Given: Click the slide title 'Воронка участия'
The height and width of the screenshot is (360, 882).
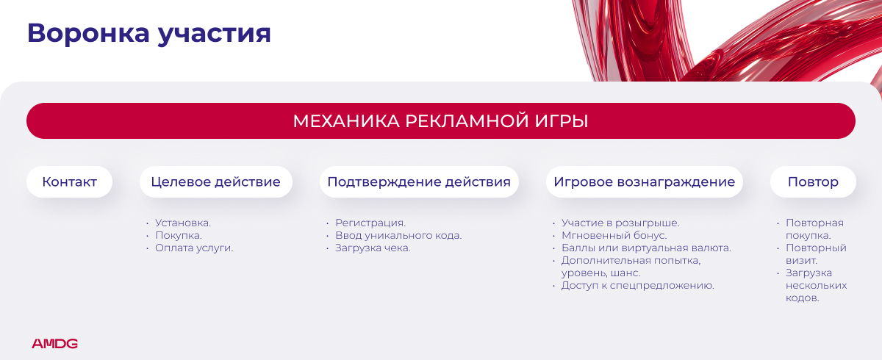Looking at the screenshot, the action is point(148,34).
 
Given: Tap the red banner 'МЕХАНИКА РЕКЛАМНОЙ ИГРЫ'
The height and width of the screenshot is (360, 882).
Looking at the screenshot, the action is point(441,120).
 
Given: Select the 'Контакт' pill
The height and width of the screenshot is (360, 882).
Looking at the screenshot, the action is point(69,181).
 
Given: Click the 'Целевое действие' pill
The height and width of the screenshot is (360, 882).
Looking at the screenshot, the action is point(216,181).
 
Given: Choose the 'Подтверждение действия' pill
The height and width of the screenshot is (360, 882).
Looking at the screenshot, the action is point(419,181).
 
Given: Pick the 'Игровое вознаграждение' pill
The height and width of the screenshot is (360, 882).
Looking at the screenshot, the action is point(644,181).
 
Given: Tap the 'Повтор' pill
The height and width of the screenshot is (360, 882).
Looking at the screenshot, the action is point(813,181).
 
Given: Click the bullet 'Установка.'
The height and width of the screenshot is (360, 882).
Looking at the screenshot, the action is point(183,223).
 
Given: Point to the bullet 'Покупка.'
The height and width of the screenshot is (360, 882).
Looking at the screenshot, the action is point(179,236).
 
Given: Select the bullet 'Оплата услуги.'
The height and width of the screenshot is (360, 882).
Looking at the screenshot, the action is point(194,248).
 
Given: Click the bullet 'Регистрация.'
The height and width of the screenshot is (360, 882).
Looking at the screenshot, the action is point(370,223).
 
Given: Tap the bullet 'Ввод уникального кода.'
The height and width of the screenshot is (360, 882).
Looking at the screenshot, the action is point(398,236).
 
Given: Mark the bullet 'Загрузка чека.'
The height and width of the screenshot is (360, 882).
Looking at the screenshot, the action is point(373,248).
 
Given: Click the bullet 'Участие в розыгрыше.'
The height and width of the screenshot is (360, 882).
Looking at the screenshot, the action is point(620,223).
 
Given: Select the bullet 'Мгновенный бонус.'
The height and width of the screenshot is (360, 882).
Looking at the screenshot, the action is point(614,236).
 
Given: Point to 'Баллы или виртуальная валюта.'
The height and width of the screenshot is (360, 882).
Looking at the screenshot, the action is point(646,248).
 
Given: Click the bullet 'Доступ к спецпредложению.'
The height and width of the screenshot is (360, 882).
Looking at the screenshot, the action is point(637,286).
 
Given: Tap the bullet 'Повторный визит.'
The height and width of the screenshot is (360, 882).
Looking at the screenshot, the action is point(816,254).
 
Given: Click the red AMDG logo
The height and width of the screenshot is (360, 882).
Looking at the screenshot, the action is point(54,344).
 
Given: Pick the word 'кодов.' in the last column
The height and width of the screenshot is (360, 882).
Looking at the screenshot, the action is point(803,298).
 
